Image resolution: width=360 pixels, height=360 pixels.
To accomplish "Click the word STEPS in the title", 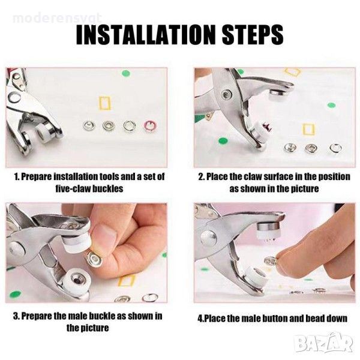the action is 253,35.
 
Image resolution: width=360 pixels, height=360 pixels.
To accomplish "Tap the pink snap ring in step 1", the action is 150,126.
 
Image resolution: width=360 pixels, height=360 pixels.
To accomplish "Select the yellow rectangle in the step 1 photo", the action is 104,103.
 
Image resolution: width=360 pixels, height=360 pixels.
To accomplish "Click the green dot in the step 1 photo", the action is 125,73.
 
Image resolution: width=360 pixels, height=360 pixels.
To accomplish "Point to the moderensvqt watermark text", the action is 57,18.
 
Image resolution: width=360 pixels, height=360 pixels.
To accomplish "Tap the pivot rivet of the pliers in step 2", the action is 227,94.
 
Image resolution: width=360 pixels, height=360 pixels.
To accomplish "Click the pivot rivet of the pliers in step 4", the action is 208,238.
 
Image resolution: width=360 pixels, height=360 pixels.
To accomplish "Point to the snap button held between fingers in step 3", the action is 95,258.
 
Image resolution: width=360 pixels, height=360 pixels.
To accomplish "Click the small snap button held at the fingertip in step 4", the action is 269,260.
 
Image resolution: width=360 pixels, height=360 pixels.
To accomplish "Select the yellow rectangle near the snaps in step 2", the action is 308,129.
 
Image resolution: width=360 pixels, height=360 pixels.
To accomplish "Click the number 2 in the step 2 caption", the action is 201,177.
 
